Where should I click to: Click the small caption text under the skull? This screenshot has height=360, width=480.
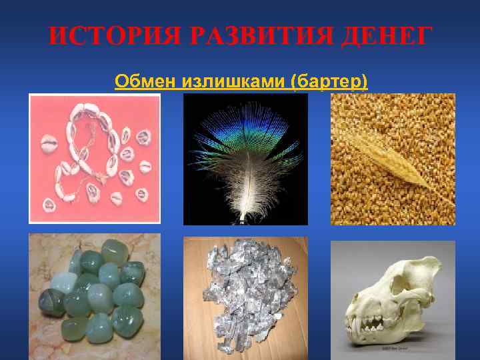tap(394, 348)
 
